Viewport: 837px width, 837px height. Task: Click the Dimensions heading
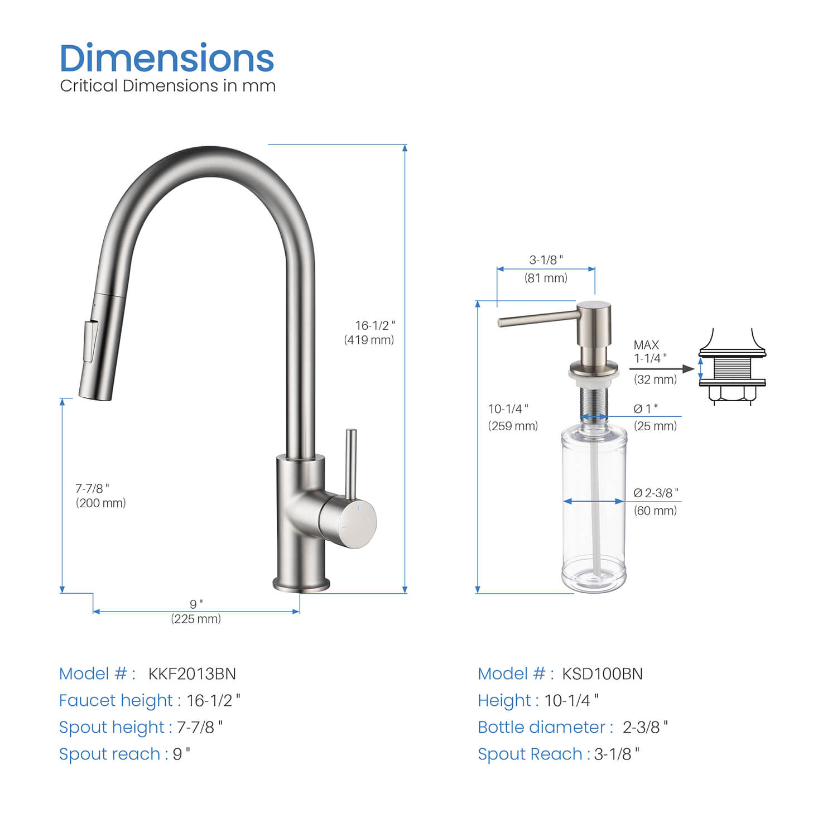(166, 59)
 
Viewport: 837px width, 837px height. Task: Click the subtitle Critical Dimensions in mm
(167, 86)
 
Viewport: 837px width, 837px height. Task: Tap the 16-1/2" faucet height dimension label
(375, 325)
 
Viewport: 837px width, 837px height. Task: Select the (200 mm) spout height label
(101, 503)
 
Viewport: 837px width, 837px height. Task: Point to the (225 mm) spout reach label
(196, 619)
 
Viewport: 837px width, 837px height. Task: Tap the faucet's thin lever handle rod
(350, 463)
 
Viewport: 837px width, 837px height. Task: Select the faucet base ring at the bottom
(301, 584)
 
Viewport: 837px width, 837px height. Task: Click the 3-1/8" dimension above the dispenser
(546, 260)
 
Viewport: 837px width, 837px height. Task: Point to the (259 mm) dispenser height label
(513, 426)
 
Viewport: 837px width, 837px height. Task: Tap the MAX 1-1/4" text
(650, 352)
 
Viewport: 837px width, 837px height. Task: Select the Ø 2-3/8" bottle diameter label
(656, 493)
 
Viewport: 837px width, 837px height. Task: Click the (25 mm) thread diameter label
(655, 426)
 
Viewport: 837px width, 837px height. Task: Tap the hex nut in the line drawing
(732, 394)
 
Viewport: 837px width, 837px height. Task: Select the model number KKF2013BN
(192, 674)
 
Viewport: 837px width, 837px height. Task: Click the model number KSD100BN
(602, 674)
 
